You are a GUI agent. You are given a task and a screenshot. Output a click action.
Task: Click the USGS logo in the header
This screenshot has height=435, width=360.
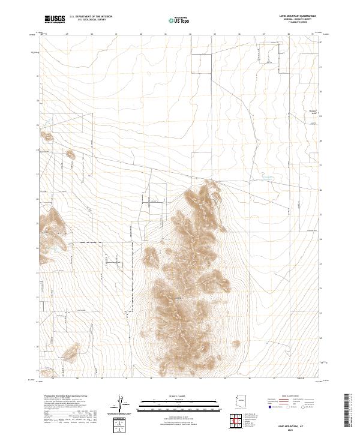click(55, 19)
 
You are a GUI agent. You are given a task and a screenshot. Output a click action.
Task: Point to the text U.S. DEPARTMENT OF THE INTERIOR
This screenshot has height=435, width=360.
click(91, 17)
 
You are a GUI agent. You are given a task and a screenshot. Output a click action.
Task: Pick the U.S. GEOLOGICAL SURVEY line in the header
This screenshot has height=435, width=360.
click(91, 20)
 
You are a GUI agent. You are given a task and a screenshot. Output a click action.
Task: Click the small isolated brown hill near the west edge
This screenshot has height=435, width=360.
click(70, 154)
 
